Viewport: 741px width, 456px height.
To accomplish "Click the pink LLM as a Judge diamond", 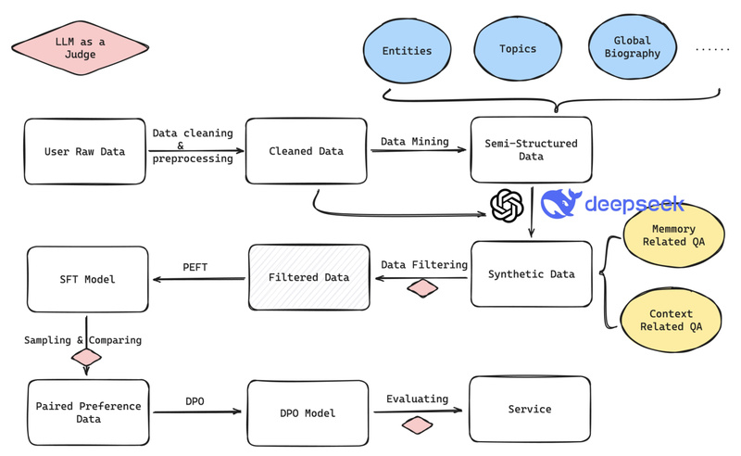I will [x=80, y=47].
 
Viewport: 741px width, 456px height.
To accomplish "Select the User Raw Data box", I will [x=84, y=151].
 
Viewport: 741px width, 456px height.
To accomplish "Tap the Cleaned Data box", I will [x=306, y=151].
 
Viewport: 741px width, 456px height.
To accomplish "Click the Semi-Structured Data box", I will [x=531, y=150].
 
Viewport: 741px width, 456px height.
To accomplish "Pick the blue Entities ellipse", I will [x=407, y=50].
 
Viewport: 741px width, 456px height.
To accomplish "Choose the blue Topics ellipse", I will [x=518, y=48].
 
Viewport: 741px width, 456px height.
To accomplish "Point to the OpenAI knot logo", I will [x=507, y=206].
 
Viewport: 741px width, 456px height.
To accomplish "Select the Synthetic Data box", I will [x=531, y=274].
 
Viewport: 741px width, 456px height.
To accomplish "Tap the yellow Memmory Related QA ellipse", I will [x=672, y=235].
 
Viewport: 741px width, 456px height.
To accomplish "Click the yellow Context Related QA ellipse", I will [x=671, y=321].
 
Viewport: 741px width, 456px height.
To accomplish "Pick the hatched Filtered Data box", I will [x=308, y=277].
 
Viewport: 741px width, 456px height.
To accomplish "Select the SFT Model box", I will [x=87, y=279].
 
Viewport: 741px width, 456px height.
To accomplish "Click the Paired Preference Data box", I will [x=88, y=412].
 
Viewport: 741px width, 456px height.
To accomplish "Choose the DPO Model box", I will [x=308, y=412].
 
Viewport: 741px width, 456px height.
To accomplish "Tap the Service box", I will [x=529, y=409].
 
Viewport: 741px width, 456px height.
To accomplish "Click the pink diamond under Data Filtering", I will [x=422, y=288].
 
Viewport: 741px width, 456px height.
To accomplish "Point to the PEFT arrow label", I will [x=195, y=267].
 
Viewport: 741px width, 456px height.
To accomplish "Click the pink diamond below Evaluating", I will [x=417, y=425].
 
